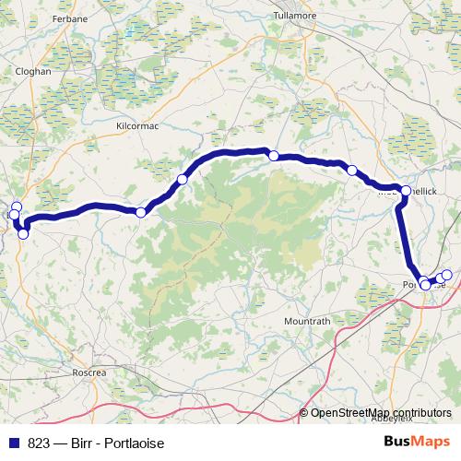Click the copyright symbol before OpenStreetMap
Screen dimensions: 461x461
[303, 413]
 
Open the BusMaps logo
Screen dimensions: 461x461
[416, 443]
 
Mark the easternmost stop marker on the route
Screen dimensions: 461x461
[447, 275]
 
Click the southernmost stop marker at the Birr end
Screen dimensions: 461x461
[23, 233]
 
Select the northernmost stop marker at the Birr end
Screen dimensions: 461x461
[16, 207]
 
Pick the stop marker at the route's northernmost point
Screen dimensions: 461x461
[273, 156]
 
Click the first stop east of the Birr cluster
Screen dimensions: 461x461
[140, 213]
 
